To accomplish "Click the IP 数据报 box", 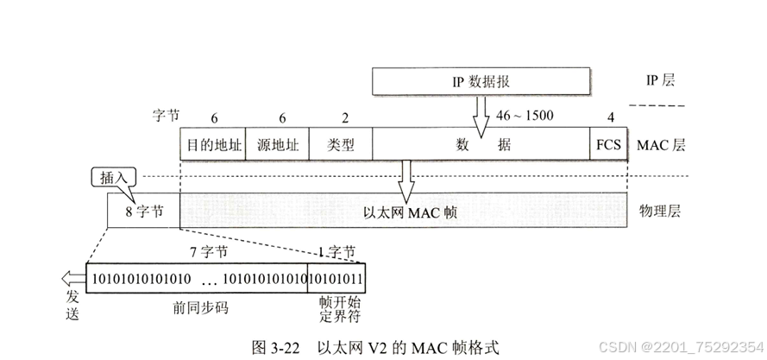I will [480, 82].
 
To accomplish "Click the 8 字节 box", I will [142, 210].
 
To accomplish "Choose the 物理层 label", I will [659, 211].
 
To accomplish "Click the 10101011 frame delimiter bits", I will [336, 277].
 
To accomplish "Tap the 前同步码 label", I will [197, 307].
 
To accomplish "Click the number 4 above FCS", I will [609, 116].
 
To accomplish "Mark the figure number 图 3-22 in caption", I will [274, 348].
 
